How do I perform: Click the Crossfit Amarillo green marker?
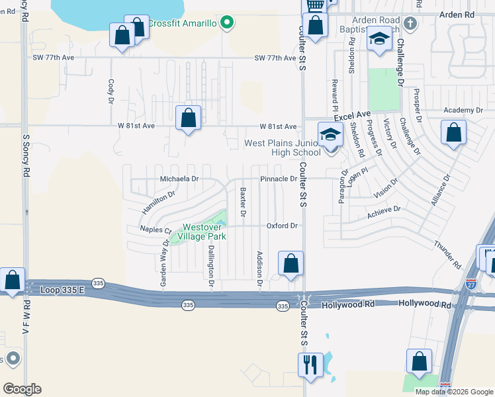pyautogui.click(x=227, y=24)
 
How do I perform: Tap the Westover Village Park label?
pyautogui.click(x=204, y=232)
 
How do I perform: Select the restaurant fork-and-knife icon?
pyautogui.click(x=309, y=363)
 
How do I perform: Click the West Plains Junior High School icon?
pyautogui.click(x=330, y=134)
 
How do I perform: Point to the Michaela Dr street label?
pyautogui.click(x=179, y=179)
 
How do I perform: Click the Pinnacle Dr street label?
pyautogui.click(x=278, y=179)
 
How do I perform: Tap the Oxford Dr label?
pyautogui.click(x=282, y=226)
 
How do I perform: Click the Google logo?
pyautogui.click(x=22, y=389)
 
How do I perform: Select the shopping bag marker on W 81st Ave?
pyautogui.click(x=189, y=118)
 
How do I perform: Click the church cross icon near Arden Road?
pyautogui.click(x=410, y=24)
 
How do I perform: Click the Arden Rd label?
pyautogui.click(x=461, y=14)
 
